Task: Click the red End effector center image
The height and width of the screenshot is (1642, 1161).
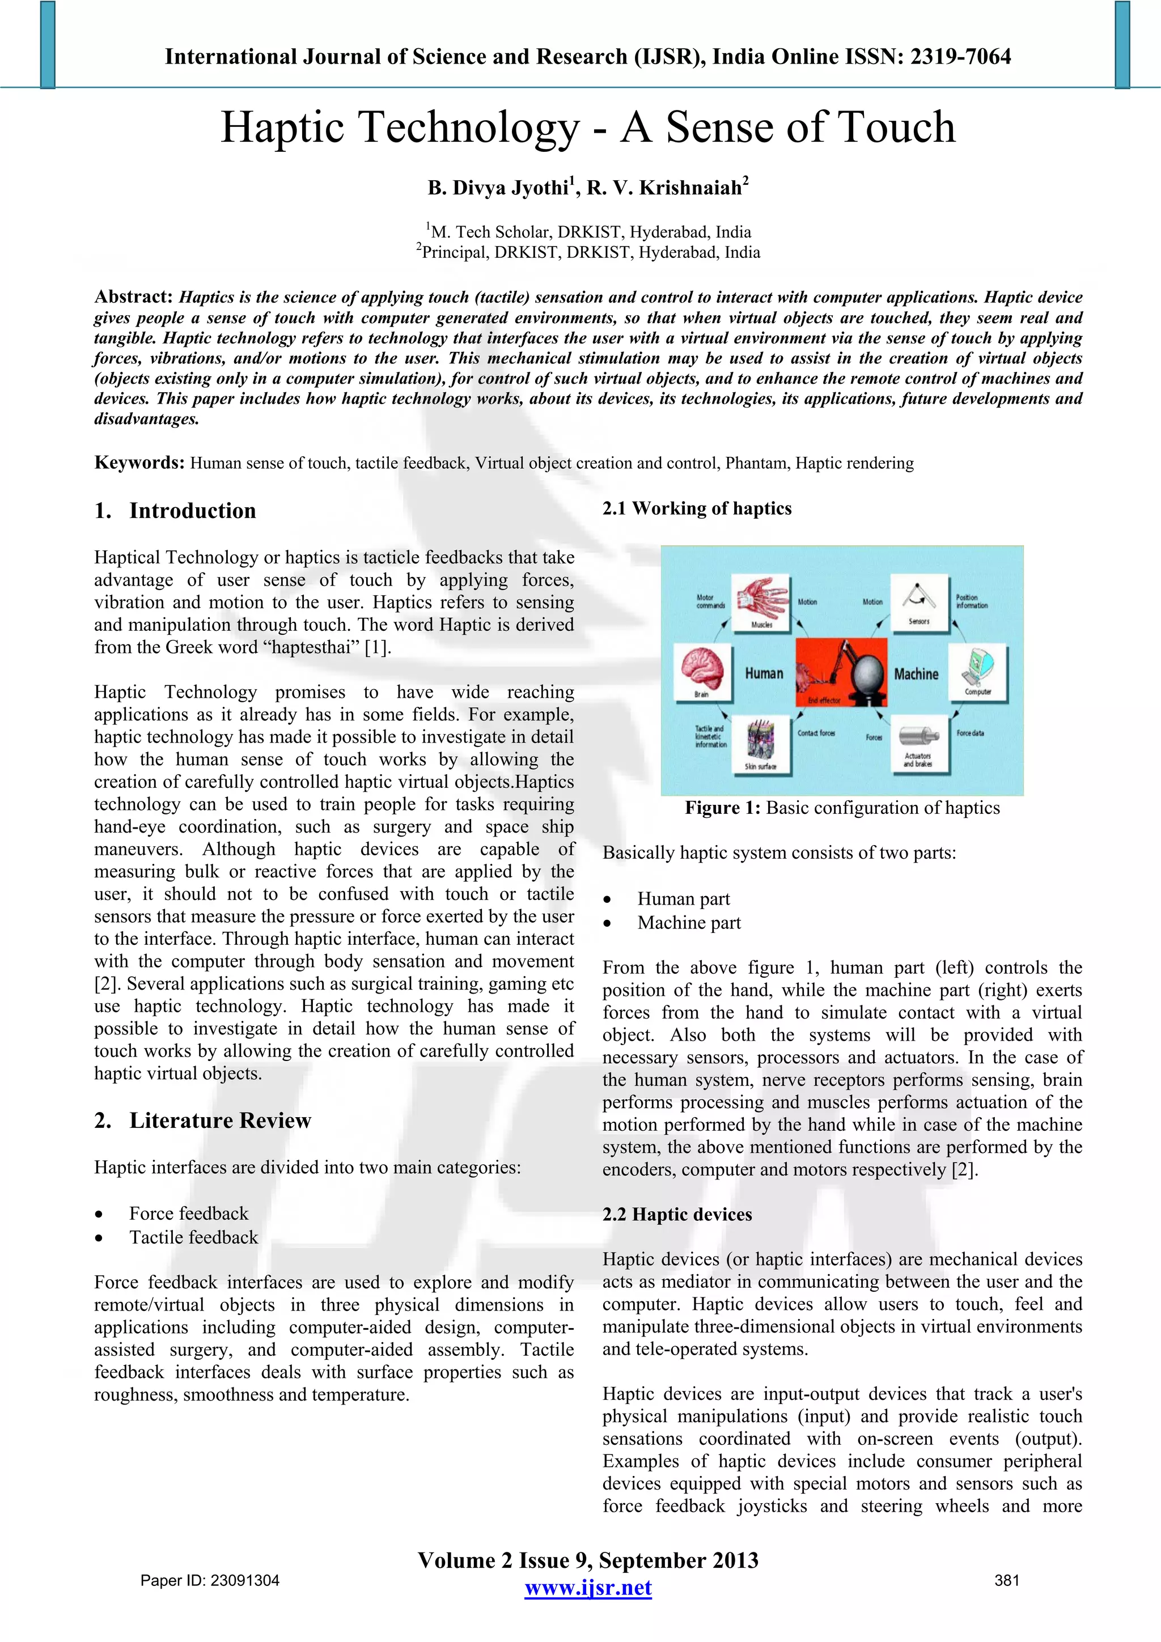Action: click(841, 673)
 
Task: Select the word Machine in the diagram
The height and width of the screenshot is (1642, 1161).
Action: click(916, 674)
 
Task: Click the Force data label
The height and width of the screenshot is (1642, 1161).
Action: click(970, 733)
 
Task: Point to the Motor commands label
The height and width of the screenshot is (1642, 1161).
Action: click(710, 601)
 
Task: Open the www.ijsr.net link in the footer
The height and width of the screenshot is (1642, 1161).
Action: click(588, 1588)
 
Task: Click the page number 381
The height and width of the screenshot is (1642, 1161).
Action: click(1006, 1580)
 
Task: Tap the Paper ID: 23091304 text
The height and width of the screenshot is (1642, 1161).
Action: click(210, 1580)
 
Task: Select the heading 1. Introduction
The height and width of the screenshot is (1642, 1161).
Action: click(175, 511)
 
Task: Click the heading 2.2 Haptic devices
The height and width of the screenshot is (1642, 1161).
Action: click(677, 1214)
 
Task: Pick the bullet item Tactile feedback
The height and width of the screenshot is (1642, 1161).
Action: click(193, 1237)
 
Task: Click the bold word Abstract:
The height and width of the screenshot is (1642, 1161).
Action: click(134, 297)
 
